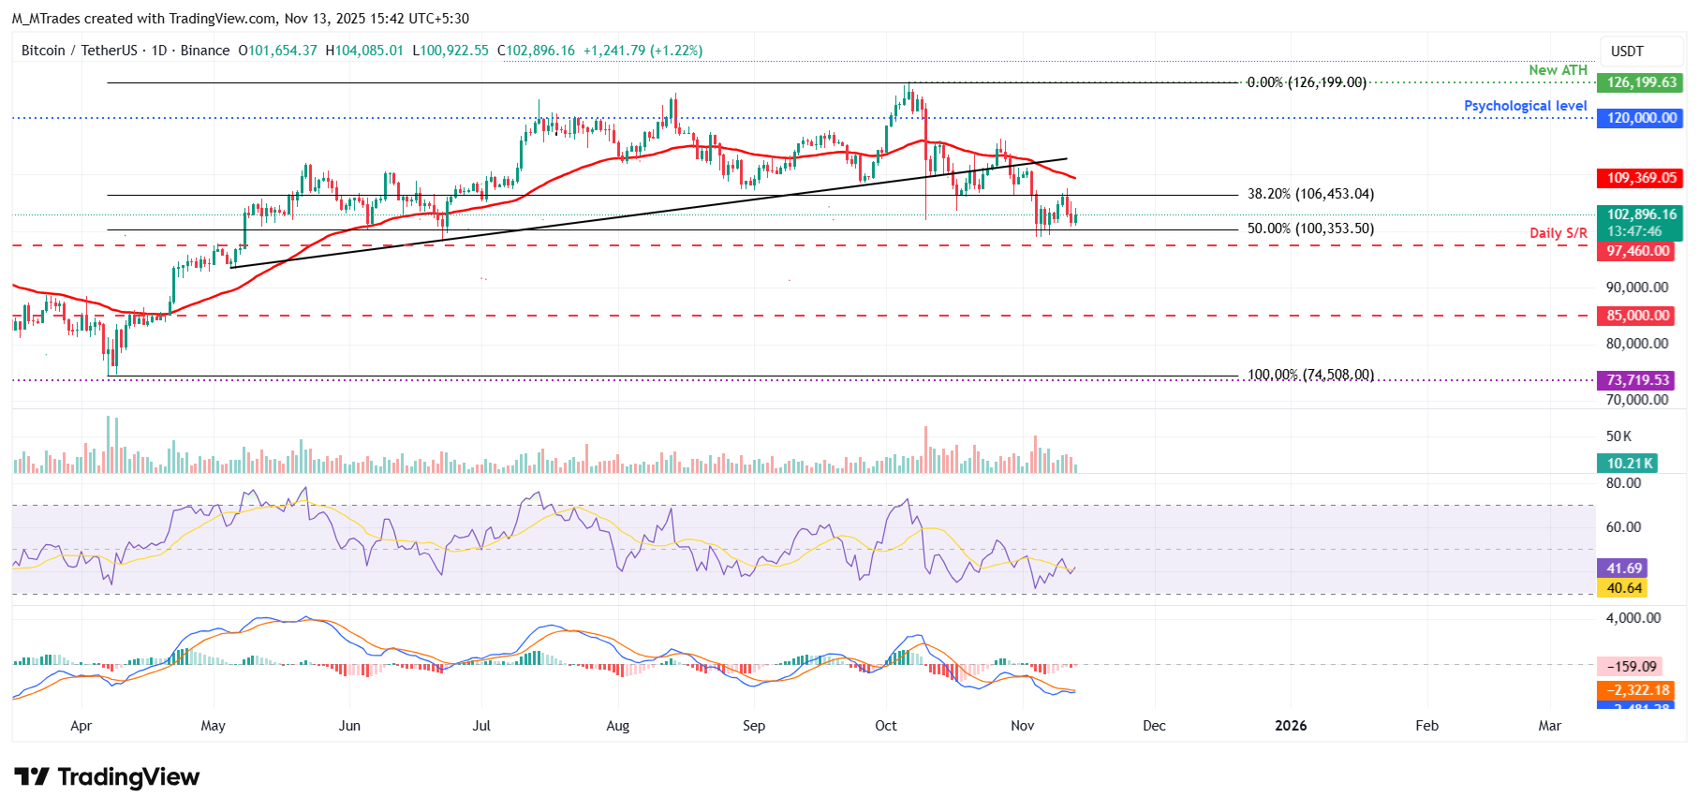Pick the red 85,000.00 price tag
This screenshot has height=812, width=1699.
click(x=1636, y=316)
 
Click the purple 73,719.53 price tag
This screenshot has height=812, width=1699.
click(x=1637, y=380)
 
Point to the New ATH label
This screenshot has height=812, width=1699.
click(x=1558, y=70)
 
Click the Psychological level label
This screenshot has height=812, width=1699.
click(x=1525, y=106)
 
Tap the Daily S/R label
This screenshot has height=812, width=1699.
click(x=1558, y=233)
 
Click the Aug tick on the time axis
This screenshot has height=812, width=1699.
click(x=617, y=726)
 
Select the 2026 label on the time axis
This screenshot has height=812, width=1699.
click(x=1291, y=726)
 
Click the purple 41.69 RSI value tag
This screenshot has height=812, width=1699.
click(x=1623, y=568)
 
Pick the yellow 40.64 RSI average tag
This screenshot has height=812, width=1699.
click(x=1623, y=588)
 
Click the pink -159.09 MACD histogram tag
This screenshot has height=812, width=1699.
click(x=1630, y=667)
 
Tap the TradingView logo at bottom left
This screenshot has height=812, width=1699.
click(x=107, y=777)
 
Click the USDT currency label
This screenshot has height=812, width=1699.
click(x=1626, y=52)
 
